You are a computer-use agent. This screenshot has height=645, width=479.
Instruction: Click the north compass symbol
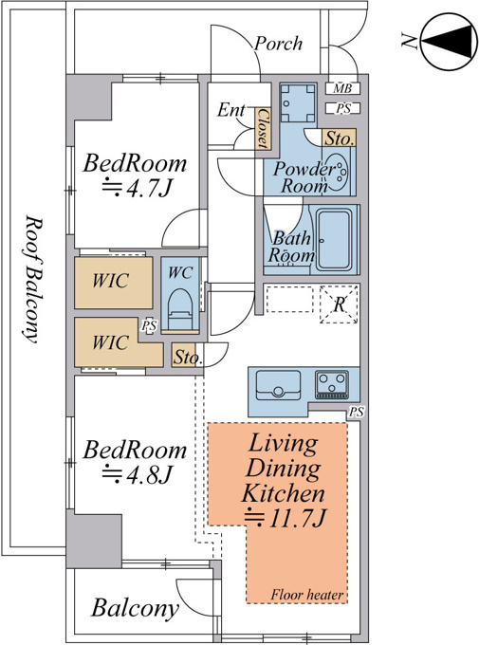(447, 41)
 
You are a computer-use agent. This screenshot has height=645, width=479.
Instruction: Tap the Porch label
(279, 44)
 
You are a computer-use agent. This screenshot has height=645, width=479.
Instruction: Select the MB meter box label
(342, 88)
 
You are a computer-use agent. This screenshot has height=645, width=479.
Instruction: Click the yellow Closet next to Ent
(262, 128)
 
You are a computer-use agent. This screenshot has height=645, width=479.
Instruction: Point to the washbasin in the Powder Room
(339, 171)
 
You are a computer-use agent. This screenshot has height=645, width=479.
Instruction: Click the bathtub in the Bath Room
(334, 240)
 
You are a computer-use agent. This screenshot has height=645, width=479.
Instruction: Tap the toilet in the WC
(180, 308)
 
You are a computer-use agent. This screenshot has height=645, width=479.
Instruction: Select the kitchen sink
(278, 385)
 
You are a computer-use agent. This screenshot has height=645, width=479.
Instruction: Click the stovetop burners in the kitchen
(332, 384)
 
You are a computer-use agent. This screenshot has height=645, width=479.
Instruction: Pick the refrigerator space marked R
(339, 304)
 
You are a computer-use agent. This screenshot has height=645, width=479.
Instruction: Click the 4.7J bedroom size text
(137, 189)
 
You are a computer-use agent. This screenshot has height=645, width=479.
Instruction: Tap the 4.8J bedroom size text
(137, 474)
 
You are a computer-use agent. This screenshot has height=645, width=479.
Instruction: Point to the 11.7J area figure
(286, 518)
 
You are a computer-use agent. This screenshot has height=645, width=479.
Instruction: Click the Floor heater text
(306, 595)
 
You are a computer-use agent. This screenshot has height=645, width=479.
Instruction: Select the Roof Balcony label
(32, 279)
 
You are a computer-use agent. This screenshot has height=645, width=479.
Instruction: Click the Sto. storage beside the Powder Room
(340, 138)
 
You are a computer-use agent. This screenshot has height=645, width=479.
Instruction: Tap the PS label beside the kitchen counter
(356, 412)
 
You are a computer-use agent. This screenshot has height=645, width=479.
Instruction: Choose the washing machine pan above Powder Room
(298, 102)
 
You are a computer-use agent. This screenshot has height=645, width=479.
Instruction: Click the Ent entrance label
(231, 110)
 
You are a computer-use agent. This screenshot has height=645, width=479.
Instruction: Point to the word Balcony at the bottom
(136, 608)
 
